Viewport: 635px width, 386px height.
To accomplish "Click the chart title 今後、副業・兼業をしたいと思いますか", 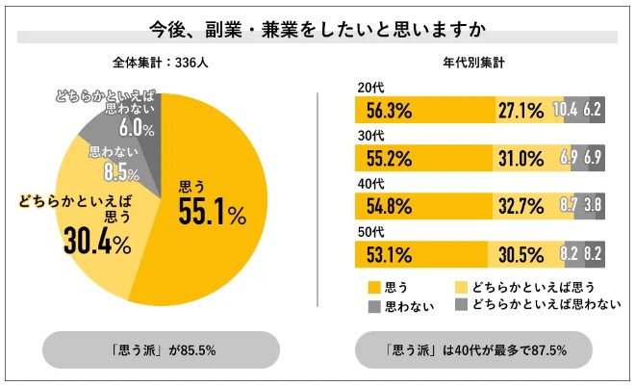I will [x=317, y=26].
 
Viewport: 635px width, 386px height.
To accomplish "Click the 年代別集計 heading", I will [x=474, y=64].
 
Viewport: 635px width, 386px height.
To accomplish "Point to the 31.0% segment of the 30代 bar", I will [x=533, y=157].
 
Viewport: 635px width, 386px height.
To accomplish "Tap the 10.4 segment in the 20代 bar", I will [x=566, y=110].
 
